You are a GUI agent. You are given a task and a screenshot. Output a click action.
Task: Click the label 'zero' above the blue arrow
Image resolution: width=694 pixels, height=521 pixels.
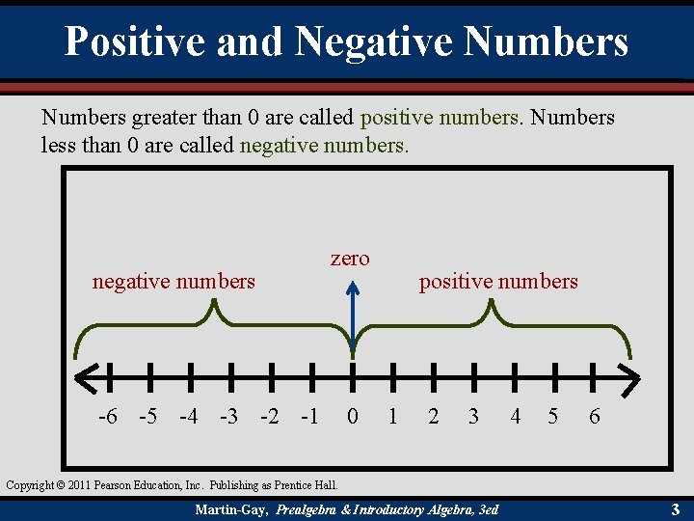point(350,259)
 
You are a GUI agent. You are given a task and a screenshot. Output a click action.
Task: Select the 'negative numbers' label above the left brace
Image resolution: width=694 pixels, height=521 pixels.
point(173,282)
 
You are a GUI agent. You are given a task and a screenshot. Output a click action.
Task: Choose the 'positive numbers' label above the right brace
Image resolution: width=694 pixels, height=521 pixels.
point(498,282)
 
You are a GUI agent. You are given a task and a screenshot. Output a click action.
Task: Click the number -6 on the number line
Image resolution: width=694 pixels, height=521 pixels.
point(108,417)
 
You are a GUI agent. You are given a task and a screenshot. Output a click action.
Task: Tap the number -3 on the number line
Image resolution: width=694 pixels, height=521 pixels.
point(229,417)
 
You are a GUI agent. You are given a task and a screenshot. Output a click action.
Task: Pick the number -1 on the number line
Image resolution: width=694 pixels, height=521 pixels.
point(310,417)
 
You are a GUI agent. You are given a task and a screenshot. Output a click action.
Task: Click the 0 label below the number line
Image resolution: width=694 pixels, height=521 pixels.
point(353,417)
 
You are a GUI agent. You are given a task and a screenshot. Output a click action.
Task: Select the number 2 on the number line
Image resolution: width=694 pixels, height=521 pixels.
point(434,417)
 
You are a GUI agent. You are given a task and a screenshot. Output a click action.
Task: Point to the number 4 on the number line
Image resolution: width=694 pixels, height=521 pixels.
point(515,417)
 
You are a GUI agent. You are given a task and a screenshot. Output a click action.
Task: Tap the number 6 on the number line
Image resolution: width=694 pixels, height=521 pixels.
point(595,417)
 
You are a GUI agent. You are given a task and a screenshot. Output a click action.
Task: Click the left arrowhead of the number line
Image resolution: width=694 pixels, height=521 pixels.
point(82,376)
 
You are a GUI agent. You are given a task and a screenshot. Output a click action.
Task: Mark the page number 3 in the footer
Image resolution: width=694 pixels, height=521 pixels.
point(676,508)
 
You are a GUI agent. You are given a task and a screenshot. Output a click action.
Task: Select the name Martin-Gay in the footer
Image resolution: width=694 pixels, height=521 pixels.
point(231,508)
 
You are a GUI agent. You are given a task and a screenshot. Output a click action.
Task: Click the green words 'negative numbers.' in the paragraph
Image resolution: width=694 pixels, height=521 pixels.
point(324,147)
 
